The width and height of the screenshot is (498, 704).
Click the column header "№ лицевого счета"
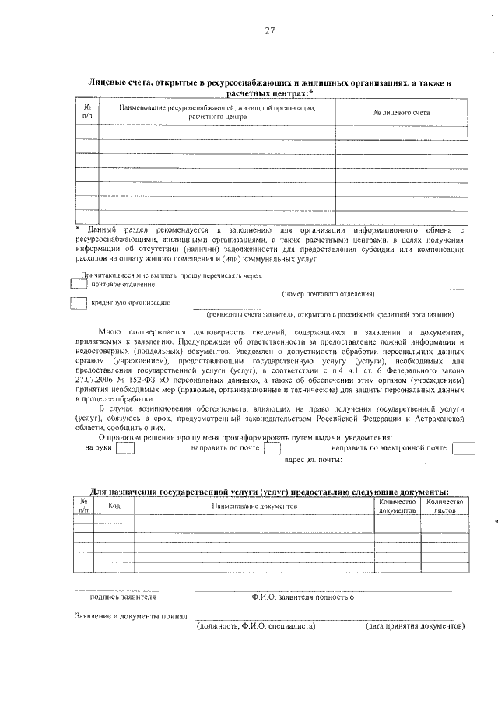[402, 113]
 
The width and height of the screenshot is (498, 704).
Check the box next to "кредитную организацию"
[79, 303]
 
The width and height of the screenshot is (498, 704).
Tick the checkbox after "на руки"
[124, 448]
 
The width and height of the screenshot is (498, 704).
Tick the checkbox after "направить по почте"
[272, 448]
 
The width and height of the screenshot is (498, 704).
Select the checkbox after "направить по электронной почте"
[463, 448]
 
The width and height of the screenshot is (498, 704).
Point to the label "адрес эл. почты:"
[314, 461]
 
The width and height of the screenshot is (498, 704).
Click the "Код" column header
[114, 506]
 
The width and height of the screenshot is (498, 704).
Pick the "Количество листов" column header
[445, 506]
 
